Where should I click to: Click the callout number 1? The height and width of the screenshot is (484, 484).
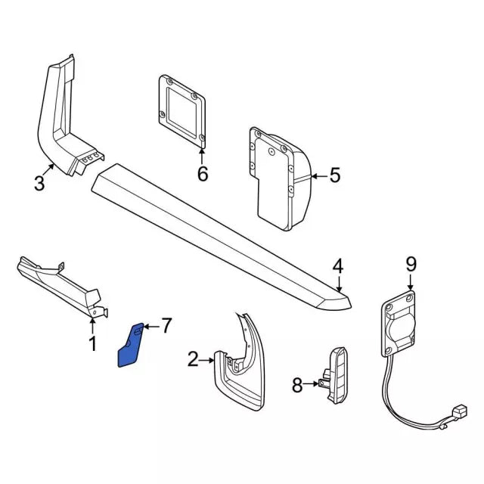(92, 345)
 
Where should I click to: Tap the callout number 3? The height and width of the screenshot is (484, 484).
(40, 181)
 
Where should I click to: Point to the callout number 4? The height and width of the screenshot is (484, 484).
(338, 265)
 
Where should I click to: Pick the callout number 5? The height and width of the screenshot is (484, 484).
(334, 176)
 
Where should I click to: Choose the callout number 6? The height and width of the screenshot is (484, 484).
(202, 174)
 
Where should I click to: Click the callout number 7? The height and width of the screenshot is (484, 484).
(166, 326)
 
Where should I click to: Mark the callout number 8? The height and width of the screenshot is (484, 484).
(296, 386)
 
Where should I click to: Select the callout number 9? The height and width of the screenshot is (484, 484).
(411, 264)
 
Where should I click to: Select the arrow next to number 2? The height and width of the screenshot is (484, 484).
(209, 361)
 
